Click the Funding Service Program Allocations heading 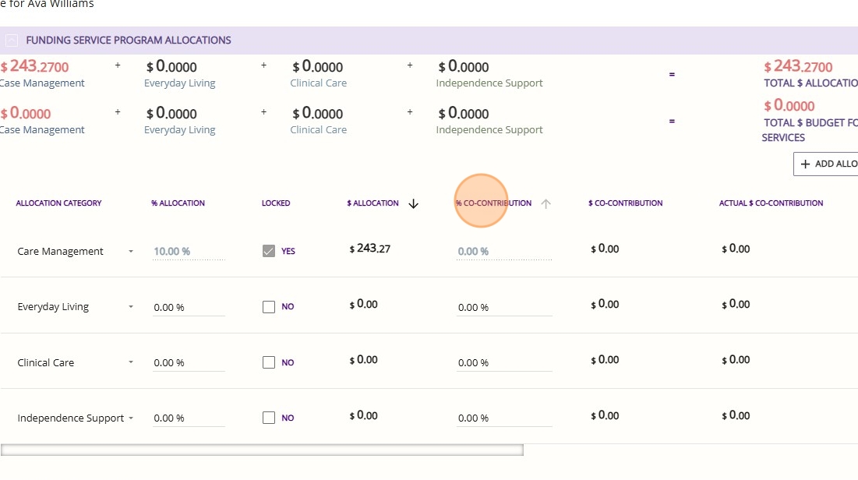tap(129, 40)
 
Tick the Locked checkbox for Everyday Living tap(269, 307)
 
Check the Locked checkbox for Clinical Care tap(269, 362)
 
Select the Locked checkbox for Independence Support tap(269, 418)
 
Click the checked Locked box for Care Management tap(269, 251)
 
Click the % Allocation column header tap(178, 203)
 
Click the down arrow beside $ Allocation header tap(414, 203)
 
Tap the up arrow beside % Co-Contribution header tap(546, 203)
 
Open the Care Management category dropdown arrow tap(131, 252)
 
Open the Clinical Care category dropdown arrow tap(131, 362)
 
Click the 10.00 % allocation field tap(189, 252)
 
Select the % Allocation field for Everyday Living tap(189, 308)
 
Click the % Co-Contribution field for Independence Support tap(503, 418)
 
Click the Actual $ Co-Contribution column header tap(771, 203)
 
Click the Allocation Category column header tap(58, 203)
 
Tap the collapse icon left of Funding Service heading tap(12, 40)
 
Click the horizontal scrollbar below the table tap(262, 450)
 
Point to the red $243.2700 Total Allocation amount tap(798, 67)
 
